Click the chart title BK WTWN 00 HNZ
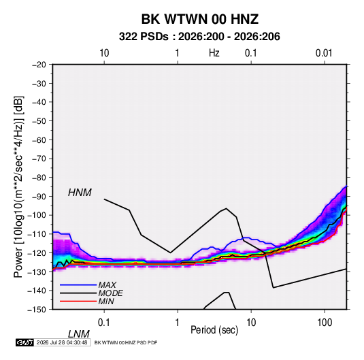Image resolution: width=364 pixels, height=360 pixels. point(200,19)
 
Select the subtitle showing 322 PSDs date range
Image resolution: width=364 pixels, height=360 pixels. point(199,37)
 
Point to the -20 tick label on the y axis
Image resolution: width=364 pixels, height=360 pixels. point(39,65)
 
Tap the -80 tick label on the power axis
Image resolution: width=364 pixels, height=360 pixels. point(39,178)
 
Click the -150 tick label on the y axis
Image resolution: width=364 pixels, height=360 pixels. point(37,310)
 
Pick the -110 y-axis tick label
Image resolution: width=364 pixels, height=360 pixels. point(37,234)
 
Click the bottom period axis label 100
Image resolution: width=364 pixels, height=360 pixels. point(325,322)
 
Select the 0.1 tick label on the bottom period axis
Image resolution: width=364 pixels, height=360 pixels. point(104,322)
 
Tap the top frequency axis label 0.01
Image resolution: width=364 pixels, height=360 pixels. point(324,53)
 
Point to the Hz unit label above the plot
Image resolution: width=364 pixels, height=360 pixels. point(214,53)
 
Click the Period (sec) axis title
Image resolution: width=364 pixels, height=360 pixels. point(214,330)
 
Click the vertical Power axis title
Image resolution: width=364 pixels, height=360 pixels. point(18,186)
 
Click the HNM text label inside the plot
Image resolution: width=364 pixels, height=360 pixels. point(80,193)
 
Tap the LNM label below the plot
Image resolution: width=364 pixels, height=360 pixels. point(78,334)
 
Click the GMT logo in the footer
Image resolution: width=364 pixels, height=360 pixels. point(25,342)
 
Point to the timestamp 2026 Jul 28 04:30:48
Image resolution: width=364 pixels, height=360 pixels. point(62,342)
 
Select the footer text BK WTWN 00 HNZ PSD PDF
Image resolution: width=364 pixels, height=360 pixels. point(126,342)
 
